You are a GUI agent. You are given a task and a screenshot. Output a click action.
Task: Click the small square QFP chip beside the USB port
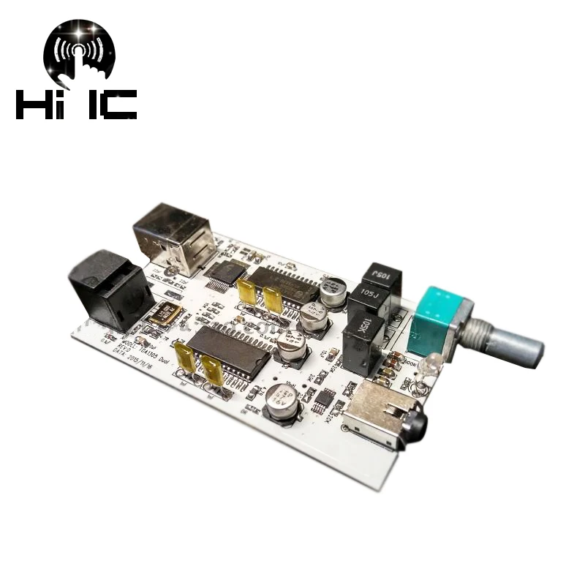pyautogui.click(x=222, y=275)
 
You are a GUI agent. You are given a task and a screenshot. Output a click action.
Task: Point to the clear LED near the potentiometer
pyautogui.click(x=431, y=361)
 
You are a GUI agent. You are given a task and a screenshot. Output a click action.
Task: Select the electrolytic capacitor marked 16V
pyautogui.click(x=280, y=401)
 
